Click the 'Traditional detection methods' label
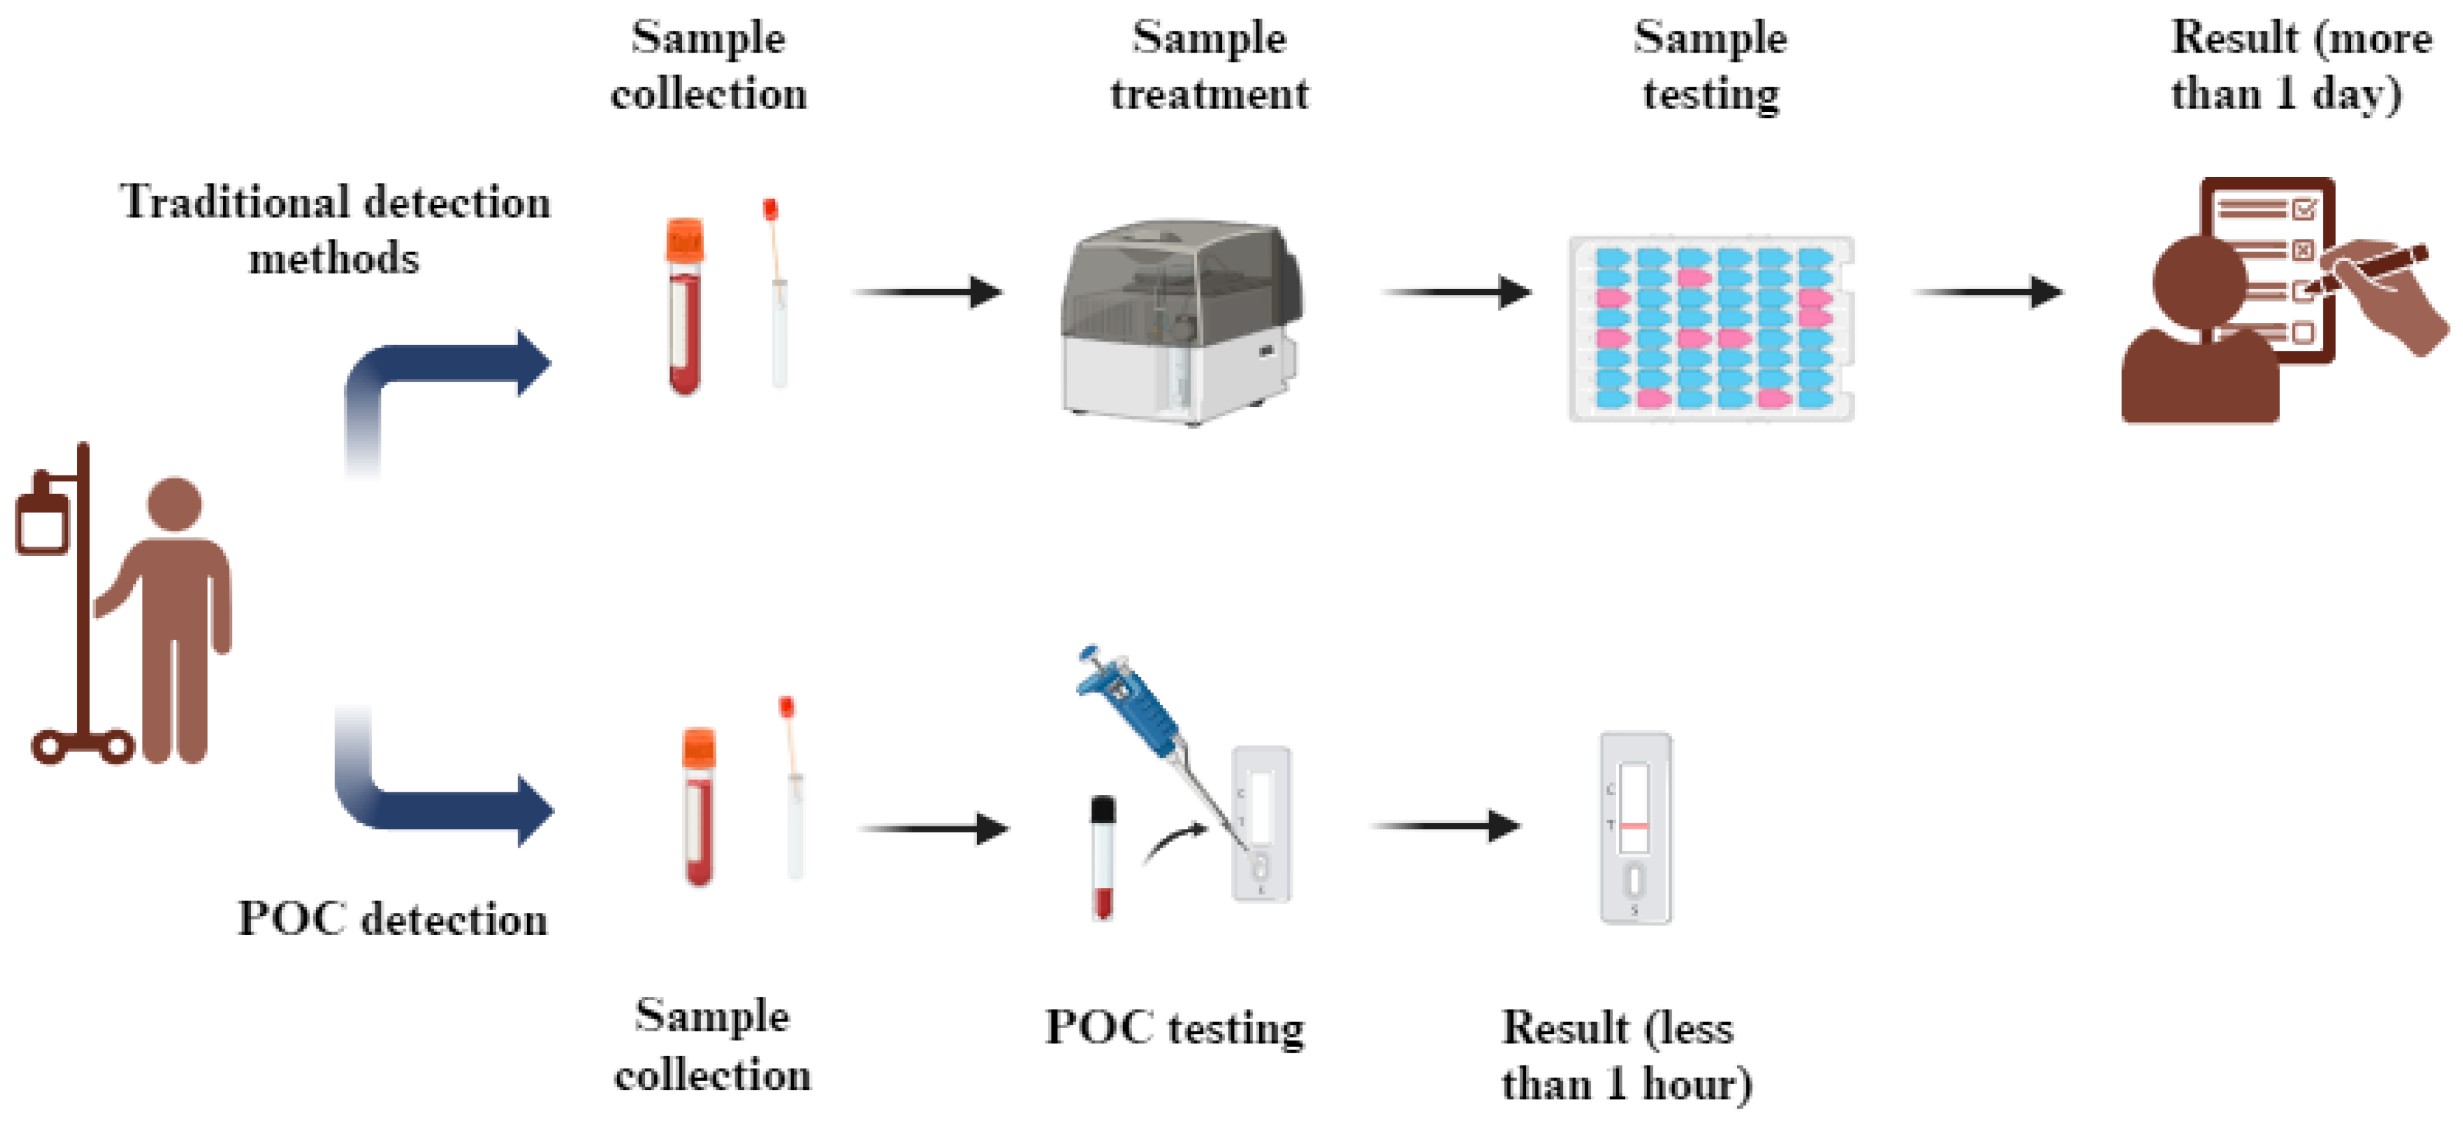(335, 230)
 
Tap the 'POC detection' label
(392, 919)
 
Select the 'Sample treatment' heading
(1209, 65)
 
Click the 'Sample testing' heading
(1710, 65)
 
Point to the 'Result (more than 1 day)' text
(2299, 65)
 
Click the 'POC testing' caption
(1174, 1028)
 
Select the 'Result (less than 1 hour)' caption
(1625, 1055)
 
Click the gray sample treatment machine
(1181, 320)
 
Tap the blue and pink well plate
(1712, 328)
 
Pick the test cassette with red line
(1635, 828)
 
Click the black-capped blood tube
(1103, 856)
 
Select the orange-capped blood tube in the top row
(685, 306)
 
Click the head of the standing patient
(175, 504)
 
